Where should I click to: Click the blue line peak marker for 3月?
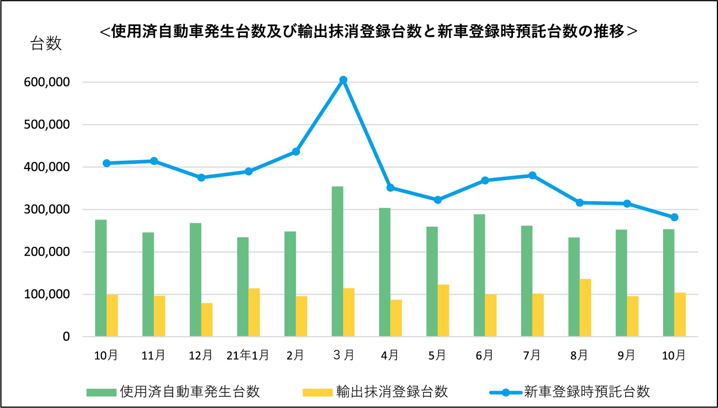coord(343,80)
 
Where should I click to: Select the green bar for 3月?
coord(337,261)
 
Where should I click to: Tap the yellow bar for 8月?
coord(585,307)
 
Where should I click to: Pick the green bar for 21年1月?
coord(243,287)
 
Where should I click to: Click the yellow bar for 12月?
coord(207,320)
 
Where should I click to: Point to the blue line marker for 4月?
coord(390,188)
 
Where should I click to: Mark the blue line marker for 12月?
coord(201,178)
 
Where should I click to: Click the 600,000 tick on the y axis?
coord(47,82)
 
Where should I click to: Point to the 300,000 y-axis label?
coord(47,209)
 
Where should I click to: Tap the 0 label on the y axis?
coord(66,337)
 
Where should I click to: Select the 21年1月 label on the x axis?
coord(248,355)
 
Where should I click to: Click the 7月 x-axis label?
coord(532,355)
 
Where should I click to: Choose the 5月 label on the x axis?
coord(437,355)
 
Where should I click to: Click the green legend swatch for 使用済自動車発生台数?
coord(101,392)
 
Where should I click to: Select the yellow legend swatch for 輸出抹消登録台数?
coord(317,392)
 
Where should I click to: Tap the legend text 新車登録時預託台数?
coord(587,392)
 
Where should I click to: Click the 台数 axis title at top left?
coord(46,43)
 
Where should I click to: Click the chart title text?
coord(369,31)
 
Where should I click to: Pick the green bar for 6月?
coord(479,275)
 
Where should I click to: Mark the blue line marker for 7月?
coord(532,175)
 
